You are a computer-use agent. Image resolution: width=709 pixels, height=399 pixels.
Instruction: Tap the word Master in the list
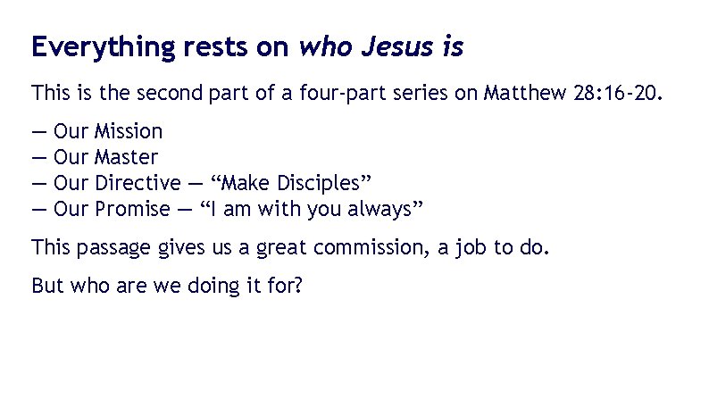126,158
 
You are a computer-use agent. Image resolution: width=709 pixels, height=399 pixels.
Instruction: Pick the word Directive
137,184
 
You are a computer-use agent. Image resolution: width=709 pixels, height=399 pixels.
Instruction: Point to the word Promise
132,210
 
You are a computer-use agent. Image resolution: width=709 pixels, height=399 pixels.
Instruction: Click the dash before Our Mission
38,132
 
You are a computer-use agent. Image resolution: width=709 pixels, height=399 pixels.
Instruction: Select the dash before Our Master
38,158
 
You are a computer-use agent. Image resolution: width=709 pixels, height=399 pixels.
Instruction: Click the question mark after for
297,287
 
